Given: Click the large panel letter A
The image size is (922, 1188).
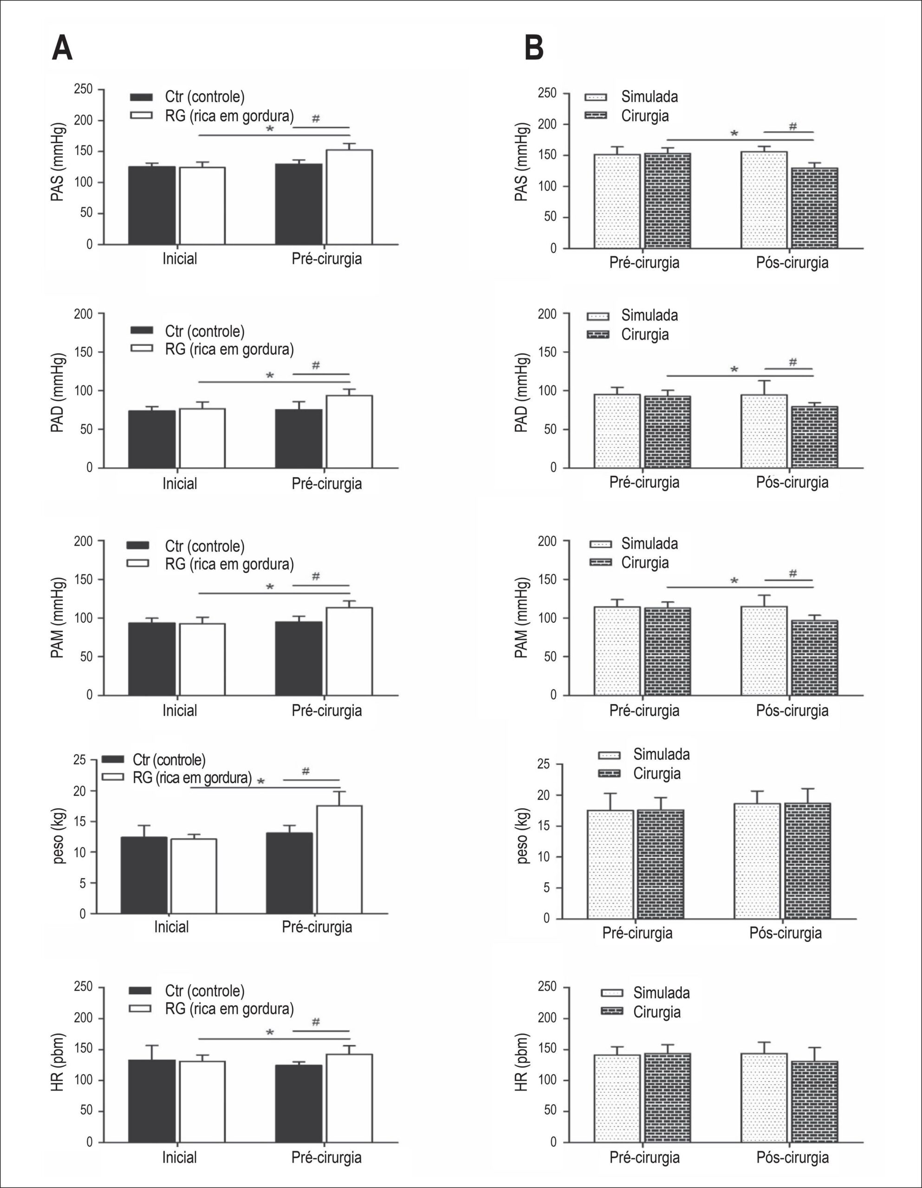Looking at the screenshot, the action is click(62, 49).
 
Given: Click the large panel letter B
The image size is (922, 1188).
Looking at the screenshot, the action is click(534, 49).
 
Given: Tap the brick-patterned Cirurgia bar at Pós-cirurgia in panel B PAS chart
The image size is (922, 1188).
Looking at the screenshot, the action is click(815, 208).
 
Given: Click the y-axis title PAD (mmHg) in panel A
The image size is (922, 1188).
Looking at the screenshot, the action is click(58, 393).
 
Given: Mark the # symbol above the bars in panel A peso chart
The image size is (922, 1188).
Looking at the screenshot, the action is click(306, 771).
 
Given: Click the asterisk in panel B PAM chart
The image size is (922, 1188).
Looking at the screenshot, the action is click(734, 581).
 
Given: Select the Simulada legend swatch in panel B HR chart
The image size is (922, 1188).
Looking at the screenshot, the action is click(612, 993).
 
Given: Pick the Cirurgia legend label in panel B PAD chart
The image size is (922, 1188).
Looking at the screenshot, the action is click(645, 334).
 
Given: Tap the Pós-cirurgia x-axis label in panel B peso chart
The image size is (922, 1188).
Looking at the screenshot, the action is click(786, 933).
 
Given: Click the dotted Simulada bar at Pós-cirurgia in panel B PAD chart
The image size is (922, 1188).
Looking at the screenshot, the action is click(764, 431).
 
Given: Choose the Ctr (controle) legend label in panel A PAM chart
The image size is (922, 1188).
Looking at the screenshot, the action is click(205, 546).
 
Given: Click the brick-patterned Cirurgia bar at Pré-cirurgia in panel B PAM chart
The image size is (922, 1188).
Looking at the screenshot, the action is click(668, 651).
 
